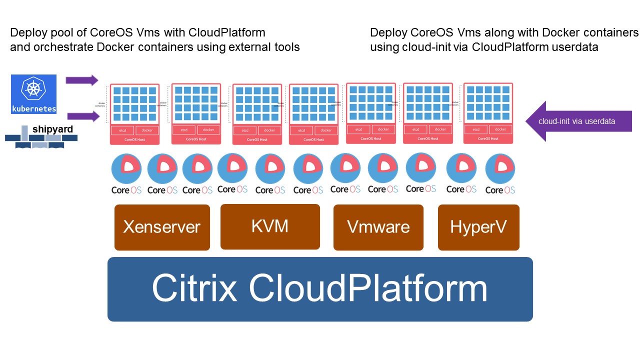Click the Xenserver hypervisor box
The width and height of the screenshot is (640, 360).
(161, 227)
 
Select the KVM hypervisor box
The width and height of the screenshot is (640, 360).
(270, 226)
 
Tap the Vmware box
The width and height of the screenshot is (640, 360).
(378, 227)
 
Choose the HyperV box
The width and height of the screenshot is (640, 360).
(478, 227)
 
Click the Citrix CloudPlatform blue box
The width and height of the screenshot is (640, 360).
(320, 289)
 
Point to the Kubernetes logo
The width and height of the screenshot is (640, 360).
(34, 94)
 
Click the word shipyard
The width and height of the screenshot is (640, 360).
(52, 129)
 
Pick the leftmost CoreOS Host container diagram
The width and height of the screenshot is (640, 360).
(134, 114)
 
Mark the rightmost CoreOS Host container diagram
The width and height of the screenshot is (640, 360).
(488, 113)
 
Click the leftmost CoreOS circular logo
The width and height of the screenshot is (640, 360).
(126, 168)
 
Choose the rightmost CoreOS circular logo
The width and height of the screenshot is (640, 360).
(500, 168)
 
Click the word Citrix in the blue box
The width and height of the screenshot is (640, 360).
(194, 288)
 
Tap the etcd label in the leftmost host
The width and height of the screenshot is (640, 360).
(122, 130)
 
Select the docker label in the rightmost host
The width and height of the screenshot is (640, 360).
(500, 129)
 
